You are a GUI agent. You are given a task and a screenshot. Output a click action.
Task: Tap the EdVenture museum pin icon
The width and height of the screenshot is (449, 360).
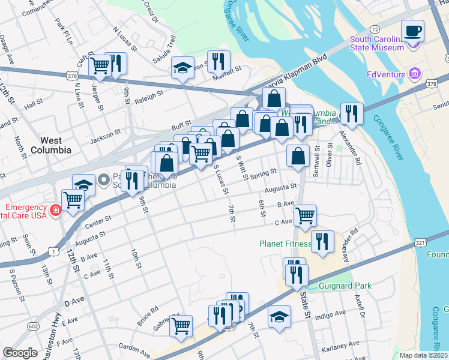414,74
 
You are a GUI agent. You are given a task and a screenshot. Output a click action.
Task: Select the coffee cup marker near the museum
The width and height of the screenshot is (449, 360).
412,31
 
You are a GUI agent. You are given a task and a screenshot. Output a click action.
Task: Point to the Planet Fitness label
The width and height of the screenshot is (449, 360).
285,244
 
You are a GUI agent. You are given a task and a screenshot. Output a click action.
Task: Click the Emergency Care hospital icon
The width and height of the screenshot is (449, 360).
55,211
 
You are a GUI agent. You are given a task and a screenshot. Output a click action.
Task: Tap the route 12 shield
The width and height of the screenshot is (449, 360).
375,29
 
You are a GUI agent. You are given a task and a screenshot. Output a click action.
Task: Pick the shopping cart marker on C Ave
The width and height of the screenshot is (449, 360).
305,215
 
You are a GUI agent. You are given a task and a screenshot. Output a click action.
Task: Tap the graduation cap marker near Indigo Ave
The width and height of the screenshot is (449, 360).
279,316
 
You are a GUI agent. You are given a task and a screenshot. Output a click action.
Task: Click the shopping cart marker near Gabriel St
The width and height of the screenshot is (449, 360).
181,326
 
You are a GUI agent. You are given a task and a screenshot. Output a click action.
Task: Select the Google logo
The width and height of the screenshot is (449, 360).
20,353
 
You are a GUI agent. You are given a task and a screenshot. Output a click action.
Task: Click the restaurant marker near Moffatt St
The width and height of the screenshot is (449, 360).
218,61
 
